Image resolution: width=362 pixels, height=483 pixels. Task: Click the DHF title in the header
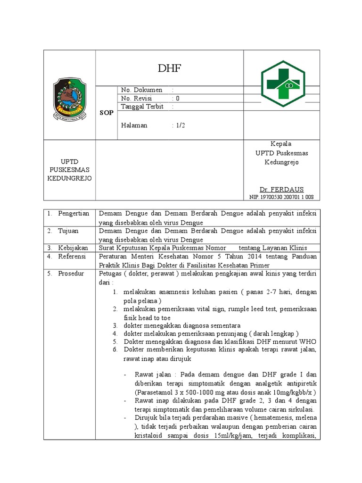170,69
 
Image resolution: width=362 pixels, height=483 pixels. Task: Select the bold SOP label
107,113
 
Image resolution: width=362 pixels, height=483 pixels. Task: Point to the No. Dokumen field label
142,90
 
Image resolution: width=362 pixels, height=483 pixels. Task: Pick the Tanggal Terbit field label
142,107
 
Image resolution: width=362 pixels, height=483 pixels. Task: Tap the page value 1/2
180,125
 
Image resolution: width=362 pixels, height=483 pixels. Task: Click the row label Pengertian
74,214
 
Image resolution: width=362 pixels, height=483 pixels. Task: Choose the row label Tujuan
69,231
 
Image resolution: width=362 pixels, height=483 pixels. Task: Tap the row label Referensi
72,256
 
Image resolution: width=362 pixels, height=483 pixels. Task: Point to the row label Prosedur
71,274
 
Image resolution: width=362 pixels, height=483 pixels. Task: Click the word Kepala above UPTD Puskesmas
280,144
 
